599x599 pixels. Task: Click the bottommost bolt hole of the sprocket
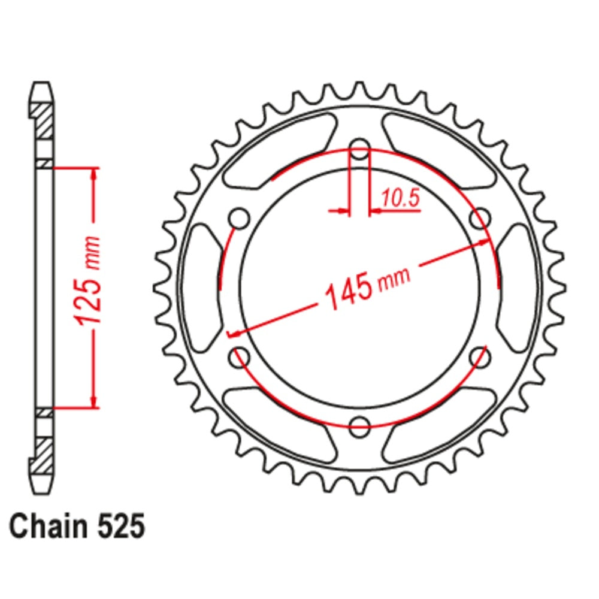pyautogui.click(x=359, y=426)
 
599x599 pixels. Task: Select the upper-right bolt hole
pyautogui.click(x=480, y=218)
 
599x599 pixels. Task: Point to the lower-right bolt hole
pyautogui.click(x=480, y=357)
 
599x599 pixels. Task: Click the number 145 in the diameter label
pyautogui.click(x=346, y=294)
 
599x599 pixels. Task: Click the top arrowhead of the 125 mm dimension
pyautogui.click(x=94, y=174)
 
